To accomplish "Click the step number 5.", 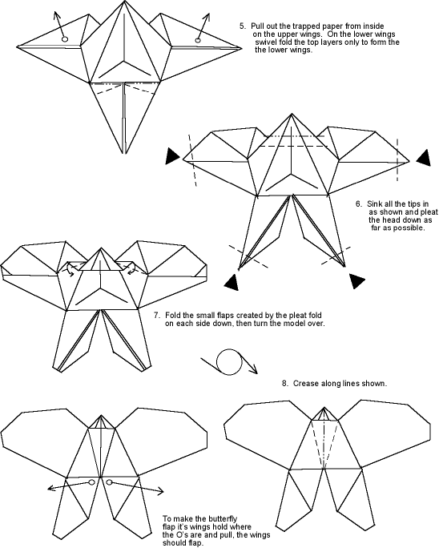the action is pos(242,26).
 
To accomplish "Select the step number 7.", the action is pos(157,315).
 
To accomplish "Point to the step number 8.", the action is pos(285,384).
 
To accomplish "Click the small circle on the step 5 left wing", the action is pos(65,39).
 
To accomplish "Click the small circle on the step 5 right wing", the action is pos(198,41).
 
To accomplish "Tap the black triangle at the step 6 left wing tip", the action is pos(173,156).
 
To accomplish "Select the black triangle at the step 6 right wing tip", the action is pos(424,158).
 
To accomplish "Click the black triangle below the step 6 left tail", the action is pos(232,282).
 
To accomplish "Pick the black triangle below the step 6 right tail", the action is pos(356,280).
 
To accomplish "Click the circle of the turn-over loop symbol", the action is pos(229,361).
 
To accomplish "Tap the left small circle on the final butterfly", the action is pos(91,482).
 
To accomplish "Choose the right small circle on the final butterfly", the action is pos(110,482).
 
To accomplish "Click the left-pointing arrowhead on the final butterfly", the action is pos(51,488).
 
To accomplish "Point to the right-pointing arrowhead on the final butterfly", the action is pos(159,490).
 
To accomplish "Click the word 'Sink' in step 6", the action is pos(373,203).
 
